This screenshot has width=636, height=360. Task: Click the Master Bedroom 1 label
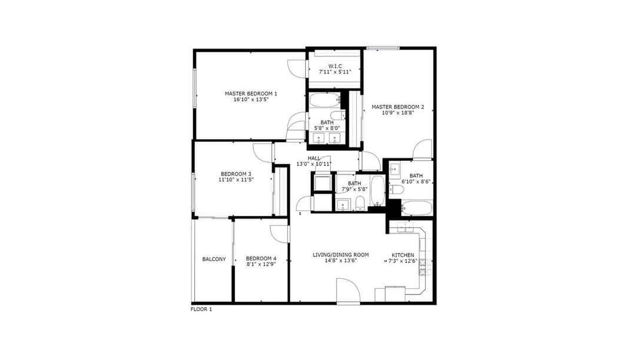click(x=251, y=94)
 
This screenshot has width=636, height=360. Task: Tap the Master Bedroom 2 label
click(x=398, y=107)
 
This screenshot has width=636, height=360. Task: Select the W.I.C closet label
click(x=335, y=66)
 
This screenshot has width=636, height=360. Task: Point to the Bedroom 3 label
click(x=236, y=174)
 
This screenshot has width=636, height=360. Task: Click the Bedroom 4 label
click(x=261, y=259)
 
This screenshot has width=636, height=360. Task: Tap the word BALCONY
click(x=214, y=259)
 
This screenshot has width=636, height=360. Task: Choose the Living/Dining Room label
click(x=341, y=255)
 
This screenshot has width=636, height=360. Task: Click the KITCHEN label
click(x=403, y=255)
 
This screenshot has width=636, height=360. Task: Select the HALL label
click(x=314, y=158)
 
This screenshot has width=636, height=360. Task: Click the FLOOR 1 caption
click(x=201, y=309)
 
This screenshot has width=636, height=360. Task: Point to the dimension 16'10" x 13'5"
click(x=251, y=100)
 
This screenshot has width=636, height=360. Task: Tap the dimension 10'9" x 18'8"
click(x=398, y=113)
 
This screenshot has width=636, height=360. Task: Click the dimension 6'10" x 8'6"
click(x=416, y=182)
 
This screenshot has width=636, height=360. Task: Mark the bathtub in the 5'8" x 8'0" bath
click(x=325, y=100)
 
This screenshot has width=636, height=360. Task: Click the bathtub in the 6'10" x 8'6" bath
click(x=416, y=208)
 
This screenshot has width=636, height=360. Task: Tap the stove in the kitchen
click(x=426, y=267)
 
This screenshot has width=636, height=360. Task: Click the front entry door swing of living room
click(x=348, y=290)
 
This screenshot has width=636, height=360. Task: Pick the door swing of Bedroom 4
click(x=280, y=235)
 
